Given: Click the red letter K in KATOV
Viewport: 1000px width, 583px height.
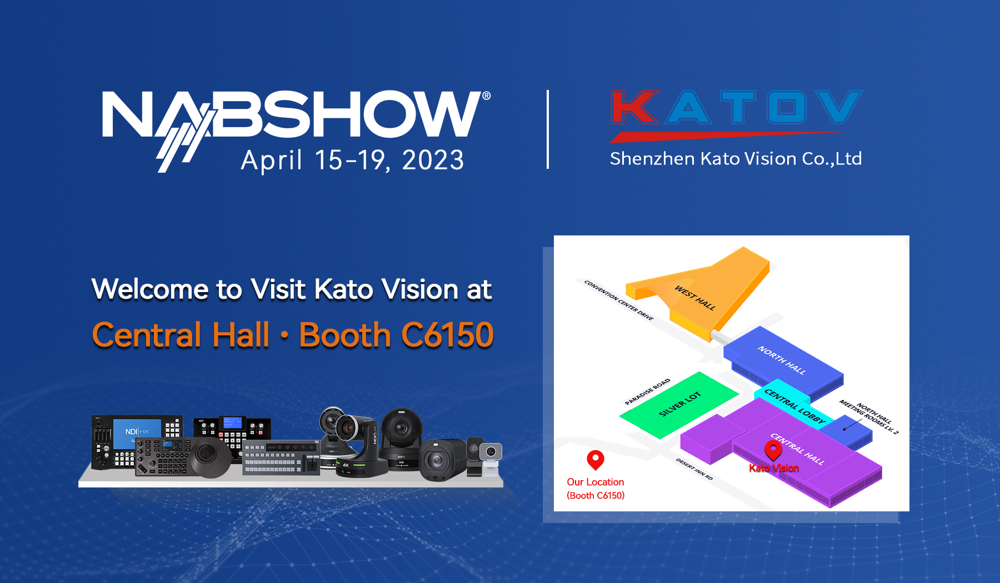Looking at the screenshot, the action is point(635,107).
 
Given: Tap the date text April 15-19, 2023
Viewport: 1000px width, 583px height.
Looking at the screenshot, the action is point(352,160).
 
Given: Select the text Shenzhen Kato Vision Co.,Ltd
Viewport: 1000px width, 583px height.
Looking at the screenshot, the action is point(736,159).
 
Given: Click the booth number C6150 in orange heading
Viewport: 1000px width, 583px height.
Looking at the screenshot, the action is point(447,335).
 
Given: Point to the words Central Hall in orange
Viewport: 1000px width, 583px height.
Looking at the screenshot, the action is point(181,335).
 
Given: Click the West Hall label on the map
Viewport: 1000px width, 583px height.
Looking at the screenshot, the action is point(695,298).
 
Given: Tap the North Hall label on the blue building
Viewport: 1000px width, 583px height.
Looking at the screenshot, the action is point(782,360).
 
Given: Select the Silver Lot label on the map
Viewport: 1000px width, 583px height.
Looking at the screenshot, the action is point(680,404).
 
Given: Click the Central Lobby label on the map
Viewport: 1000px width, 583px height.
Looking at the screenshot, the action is point(794,406).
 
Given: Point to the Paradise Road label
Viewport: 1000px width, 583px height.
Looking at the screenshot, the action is point(647,391).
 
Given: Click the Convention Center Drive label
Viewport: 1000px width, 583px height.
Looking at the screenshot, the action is point(619,300).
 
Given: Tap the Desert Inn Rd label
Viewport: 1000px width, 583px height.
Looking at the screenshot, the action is point(694,469).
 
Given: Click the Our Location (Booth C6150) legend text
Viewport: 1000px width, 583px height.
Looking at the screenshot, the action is point(596,489).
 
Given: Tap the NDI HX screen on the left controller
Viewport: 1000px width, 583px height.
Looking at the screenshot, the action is point(137,432).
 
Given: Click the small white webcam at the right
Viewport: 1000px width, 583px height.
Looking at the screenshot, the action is point(490,455).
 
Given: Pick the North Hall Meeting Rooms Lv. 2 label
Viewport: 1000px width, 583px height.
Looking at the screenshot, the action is point(869,417).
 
